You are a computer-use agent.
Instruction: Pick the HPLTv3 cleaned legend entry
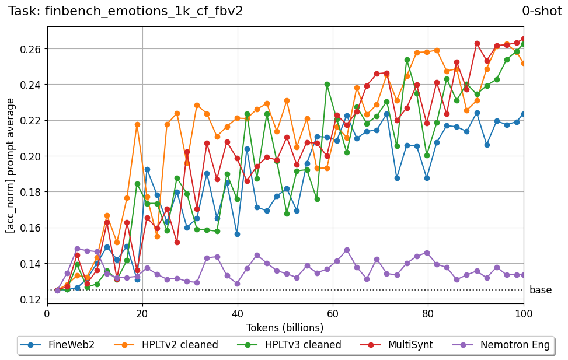289,345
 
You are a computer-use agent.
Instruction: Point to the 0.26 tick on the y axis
31,48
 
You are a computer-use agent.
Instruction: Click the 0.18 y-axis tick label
31,192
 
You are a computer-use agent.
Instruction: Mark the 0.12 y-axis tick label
31,299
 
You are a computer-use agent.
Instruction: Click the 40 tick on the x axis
238,313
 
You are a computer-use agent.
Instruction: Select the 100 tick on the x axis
523,313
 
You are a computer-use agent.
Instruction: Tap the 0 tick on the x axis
47,313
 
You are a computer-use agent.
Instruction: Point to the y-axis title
11,165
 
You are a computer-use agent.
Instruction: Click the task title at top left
126,11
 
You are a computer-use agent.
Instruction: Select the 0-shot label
542,11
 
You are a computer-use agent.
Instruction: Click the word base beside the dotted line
540,291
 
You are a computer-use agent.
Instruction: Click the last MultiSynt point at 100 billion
524,39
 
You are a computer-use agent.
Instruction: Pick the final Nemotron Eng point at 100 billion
524,275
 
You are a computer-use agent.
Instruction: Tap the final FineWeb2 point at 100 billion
524,114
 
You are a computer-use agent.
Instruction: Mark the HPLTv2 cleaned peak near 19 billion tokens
137,124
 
